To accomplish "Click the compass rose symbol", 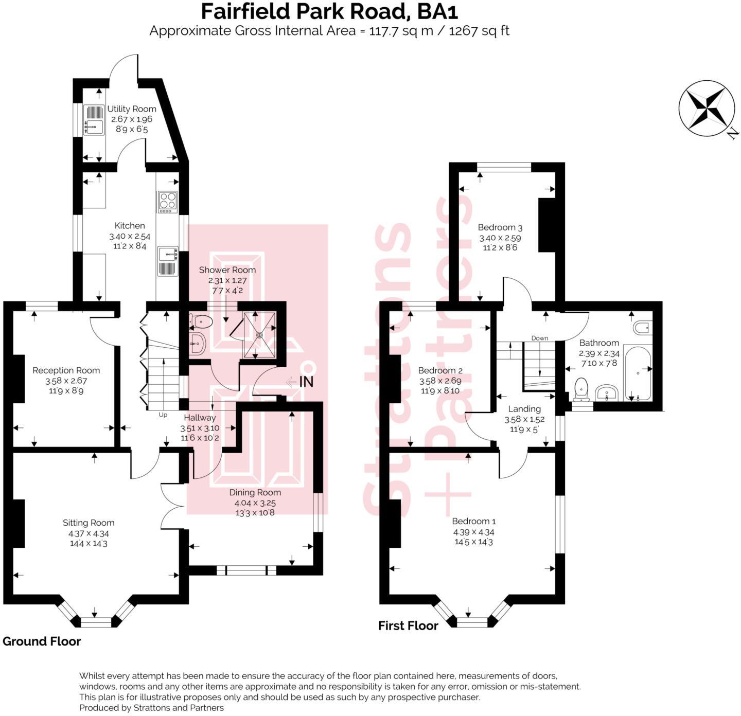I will click(x=706, y=109).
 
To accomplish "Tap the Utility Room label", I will click(x=131, y=109).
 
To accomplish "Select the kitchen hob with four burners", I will click(x=168, y=202).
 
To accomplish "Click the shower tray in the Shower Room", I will click(x=259, y=335).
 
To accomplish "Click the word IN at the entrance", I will click(x=306, y=382).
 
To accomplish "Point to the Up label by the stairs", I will click(x=163, y=415).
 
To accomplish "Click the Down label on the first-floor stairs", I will click(x=539, y=338).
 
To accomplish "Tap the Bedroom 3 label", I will click(x=500, y=227).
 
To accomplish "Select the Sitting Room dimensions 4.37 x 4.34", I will click(x=89, y=533).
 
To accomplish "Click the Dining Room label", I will click(x=255, y=492).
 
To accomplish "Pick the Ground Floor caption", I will click(x=42, y=641).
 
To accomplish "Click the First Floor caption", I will click(x=408, y=625).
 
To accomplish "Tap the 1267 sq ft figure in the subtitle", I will click(x=479, y=31).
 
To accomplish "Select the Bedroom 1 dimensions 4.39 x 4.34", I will click(x=473, y=532).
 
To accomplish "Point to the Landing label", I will click(x=524, y=409).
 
